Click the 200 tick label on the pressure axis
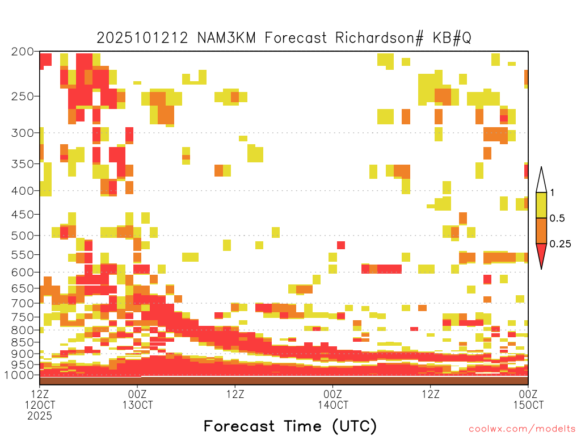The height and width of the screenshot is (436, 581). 23,52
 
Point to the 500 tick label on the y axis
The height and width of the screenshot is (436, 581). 23,236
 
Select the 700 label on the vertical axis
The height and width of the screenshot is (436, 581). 23,303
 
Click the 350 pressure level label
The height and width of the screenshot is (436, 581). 23,164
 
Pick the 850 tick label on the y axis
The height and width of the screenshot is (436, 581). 23,342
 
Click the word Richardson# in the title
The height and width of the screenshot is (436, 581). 379,38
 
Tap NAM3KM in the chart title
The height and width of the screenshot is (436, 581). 226,38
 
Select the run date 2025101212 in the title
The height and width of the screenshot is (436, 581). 142,38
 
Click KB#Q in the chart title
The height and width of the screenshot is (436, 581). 452,38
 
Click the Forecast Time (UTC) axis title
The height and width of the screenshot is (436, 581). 290,426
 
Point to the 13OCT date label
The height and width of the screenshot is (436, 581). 137,405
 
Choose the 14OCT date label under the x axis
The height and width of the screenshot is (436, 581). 332,405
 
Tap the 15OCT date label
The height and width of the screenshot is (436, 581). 528,405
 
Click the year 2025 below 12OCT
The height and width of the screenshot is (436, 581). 40,416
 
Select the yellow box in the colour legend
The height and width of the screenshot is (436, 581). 541,205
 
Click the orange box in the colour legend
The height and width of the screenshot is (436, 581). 541,230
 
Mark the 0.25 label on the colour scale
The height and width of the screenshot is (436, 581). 560,244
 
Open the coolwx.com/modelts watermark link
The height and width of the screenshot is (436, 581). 522,429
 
